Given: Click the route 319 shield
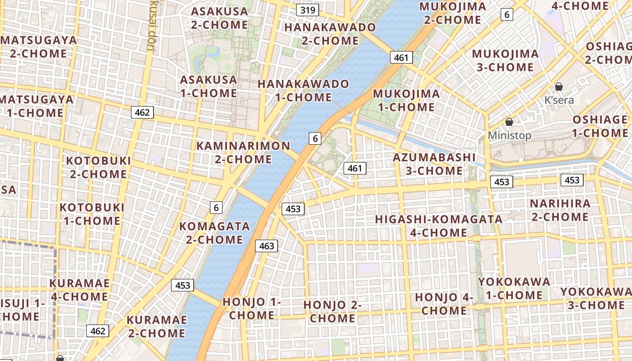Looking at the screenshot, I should tap(308, 10).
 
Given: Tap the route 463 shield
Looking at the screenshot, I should tap(266, 246).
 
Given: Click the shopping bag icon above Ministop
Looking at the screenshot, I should tap(509, 122).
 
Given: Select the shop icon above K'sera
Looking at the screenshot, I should tap(559, 87).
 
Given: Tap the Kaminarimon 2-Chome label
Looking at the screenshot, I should tap(243, 153).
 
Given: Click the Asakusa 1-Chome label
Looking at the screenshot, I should tap(209, 87).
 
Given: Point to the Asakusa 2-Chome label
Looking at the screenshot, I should tap(219, 18).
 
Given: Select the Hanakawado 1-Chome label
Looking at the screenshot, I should tap(303, 90).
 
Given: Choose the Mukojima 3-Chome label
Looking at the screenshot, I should tap(505, 60).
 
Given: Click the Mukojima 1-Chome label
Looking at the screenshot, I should tap(406, 100).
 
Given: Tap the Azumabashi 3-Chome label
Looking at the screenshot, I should tap(434, 164).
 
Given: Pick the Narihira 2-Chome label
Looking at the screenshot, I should tap(560, 210).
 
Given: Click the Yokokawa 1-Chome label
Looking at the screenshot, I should tap(514, 288).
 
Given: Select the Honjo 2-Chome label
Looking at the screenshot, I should tap(333, 311).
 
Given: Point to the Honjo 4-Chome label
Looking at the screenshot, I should tap(444, 304).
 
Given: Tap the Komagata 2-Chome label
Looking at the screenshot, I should tap(214, 232).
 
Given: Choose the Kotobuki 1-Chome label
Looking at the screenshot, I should tap(92, 214).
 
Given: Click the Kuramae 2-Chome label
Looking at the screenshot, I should tap(156, 327).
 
